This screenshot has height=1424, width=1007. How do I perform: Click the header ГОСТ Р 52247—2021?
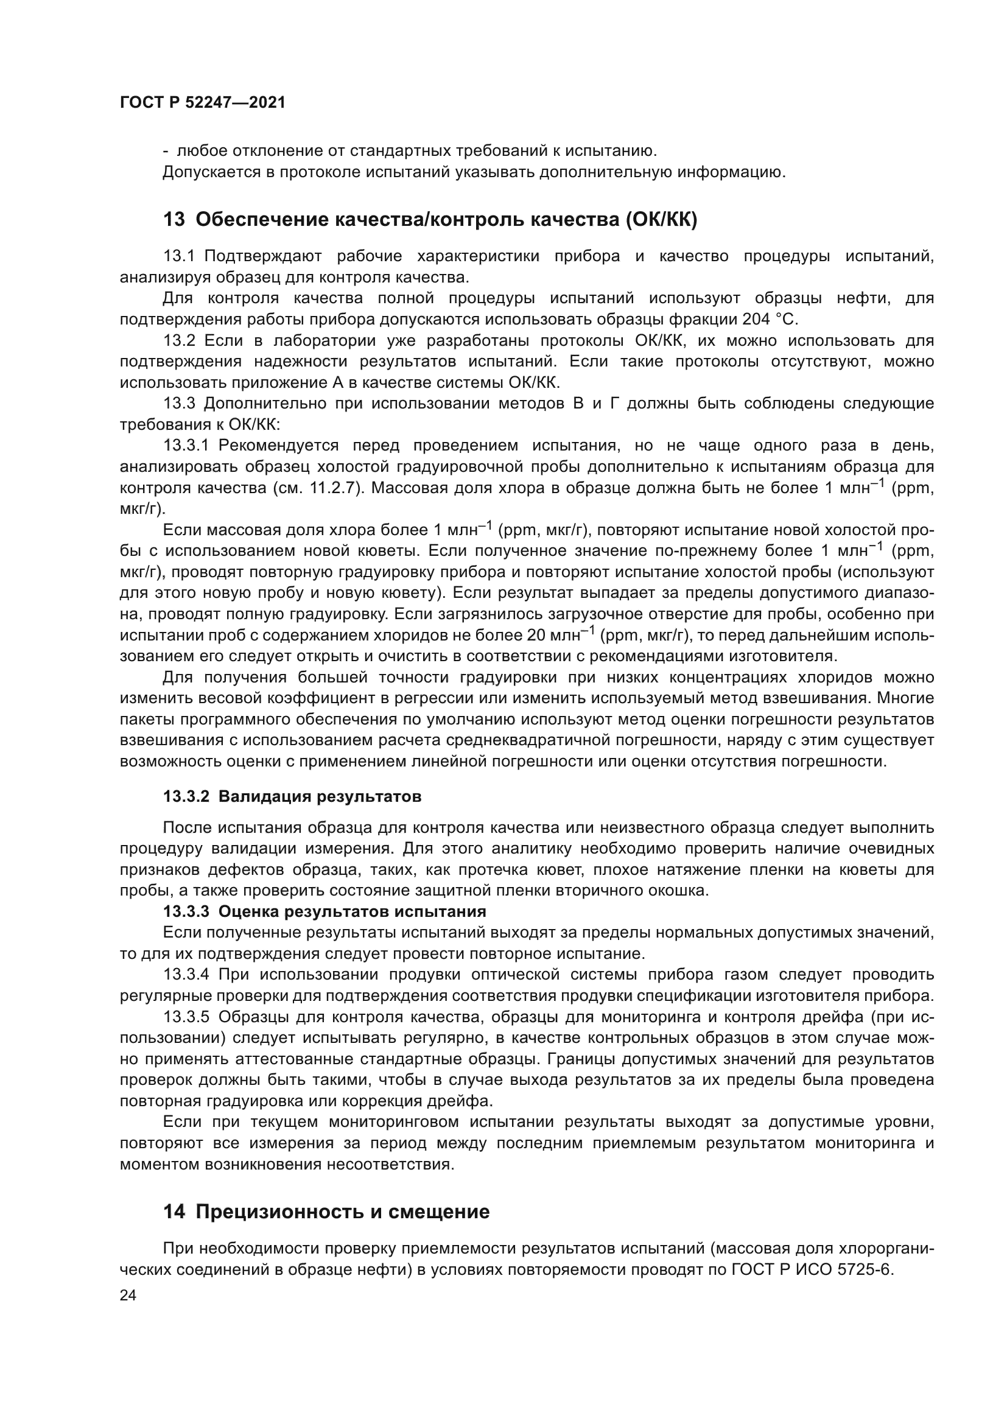point(203,103)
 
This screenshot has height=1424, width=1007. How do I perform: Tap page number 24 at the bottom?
point(128,1296)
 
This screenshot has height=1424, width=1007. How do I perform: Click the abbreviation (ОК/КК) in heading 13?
point(661,220)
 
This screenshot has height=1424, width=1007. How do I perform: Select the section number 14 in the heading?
point(174,1212)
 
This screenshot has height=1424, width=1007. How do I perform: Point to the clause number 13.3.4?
point(187,975)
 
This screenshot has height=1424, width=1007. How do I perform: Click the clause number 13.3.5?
point(187,1017)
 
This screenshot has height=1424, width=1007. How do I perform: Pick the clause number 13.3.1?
point(187,446)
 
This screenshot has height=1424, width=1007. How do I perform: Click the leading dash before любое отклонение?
point(166,152)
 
